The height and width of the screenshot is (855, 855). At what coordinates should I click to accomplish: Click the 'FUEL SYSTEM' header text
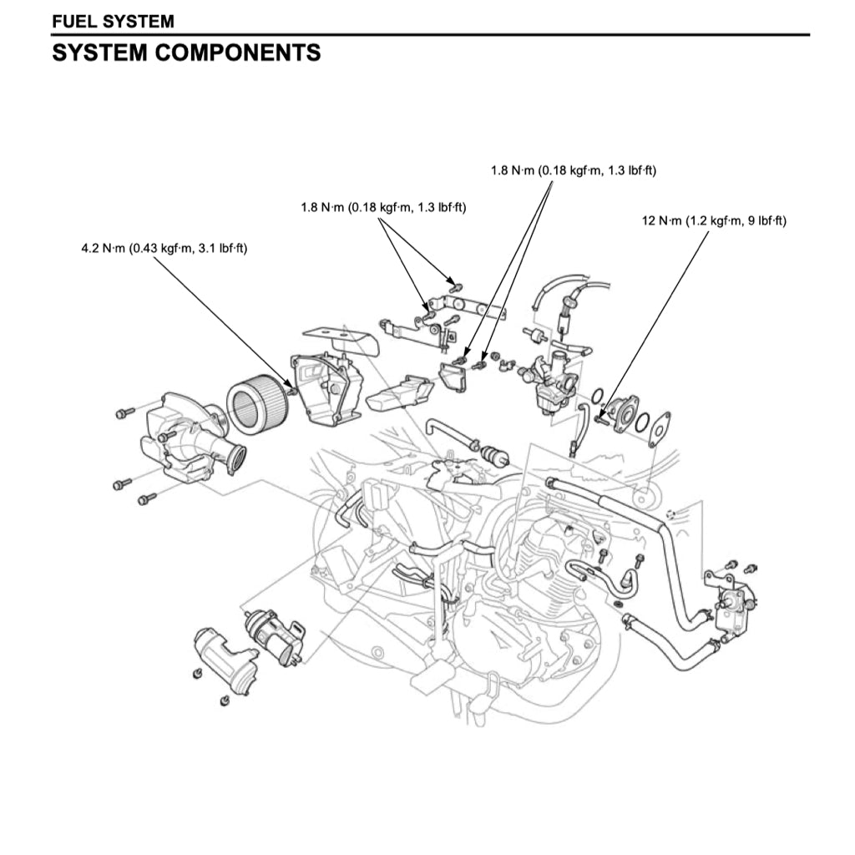tap(113, 20)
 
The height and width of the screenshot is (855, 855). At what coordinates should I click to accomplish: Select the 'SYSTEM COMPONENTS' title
tap(186, 53)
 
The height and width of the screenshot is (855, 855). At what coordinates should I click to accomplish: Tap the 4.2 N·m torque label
tap(164, 248)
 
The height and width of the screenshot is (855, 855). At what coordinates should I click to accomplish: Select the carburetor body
tap(552, 383)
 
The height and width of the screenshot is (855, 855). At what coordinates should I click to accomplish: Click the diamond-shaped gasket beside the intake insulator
tap(659, 428)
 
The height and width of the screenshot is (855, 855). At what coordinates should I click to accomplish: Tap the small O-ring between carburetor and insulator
tap(599, 395)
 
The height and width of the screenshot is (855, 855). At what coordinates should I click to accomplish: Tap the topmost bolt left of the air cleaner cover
tap(125, 412)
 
